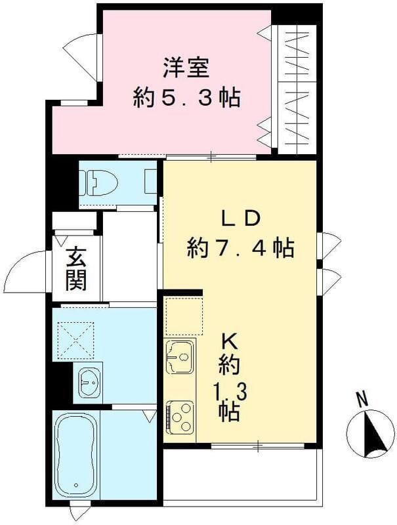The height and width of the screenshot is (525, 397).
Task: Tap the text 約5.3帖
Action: coord(186,98)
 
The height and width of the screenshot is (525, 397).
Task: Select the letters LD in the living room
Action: coord(240,217)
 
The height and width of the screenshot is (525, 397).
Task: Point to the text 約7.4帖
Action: coord(240,248)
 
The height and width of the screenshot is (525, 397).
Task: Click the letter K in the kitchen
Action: coord(228,341)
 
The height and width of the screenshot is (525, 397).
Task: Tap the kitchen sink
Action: coord(179,358)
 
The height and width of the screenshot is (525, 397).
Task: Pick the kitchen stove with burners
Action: coord(179,415)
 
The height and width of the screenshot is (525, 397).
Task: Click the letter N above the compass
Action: coord(361,398)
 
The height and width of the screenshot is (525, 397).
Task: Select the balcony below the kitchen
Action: coord(240,474)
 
